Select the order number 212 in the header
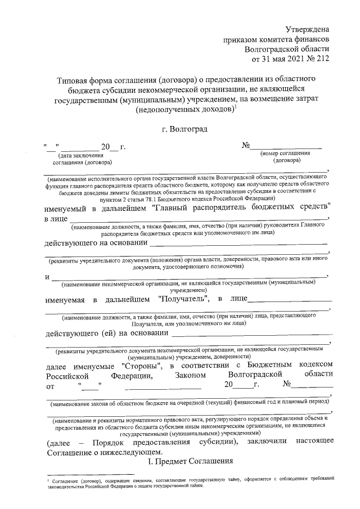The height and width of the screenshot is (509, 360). (322, 58)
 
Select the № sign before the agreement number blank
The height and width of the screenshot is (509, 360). (246, 146)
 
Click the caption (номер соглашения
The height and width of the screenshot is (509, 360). (285, 153)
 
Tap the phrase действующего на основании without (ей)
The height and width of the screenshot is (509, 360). (93, 244)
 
